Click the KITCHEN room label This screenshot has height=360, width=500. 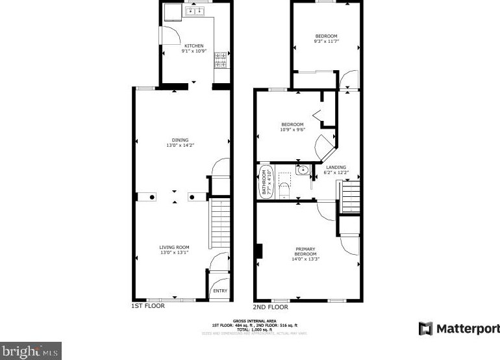(x=192, y=45)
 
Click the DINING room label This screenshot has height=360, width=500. (x=180, y=140)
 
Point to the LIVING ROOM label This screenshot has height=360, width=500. (x=174, y=247)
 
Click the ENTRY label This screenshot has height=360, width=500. (x=220, y=290)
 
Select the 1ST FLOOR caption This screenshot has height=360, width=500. (x=149, y=305)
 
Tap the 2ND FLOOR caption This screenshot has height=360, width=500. (x=270, y=307)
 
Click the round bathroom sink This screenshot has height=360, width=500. (x=301, y=171)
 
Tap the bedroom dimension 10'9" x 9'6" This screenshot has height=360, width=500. (x=292, y=129)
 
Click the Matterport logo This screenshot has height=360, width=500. (x=459, y=328)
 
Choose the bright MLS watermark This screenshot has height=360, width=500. (x=31, y=351)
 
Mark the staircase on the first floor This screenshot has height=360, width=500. (x=221, y=224)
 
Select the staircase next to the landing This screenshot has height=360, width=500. (x=351, y=197)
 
